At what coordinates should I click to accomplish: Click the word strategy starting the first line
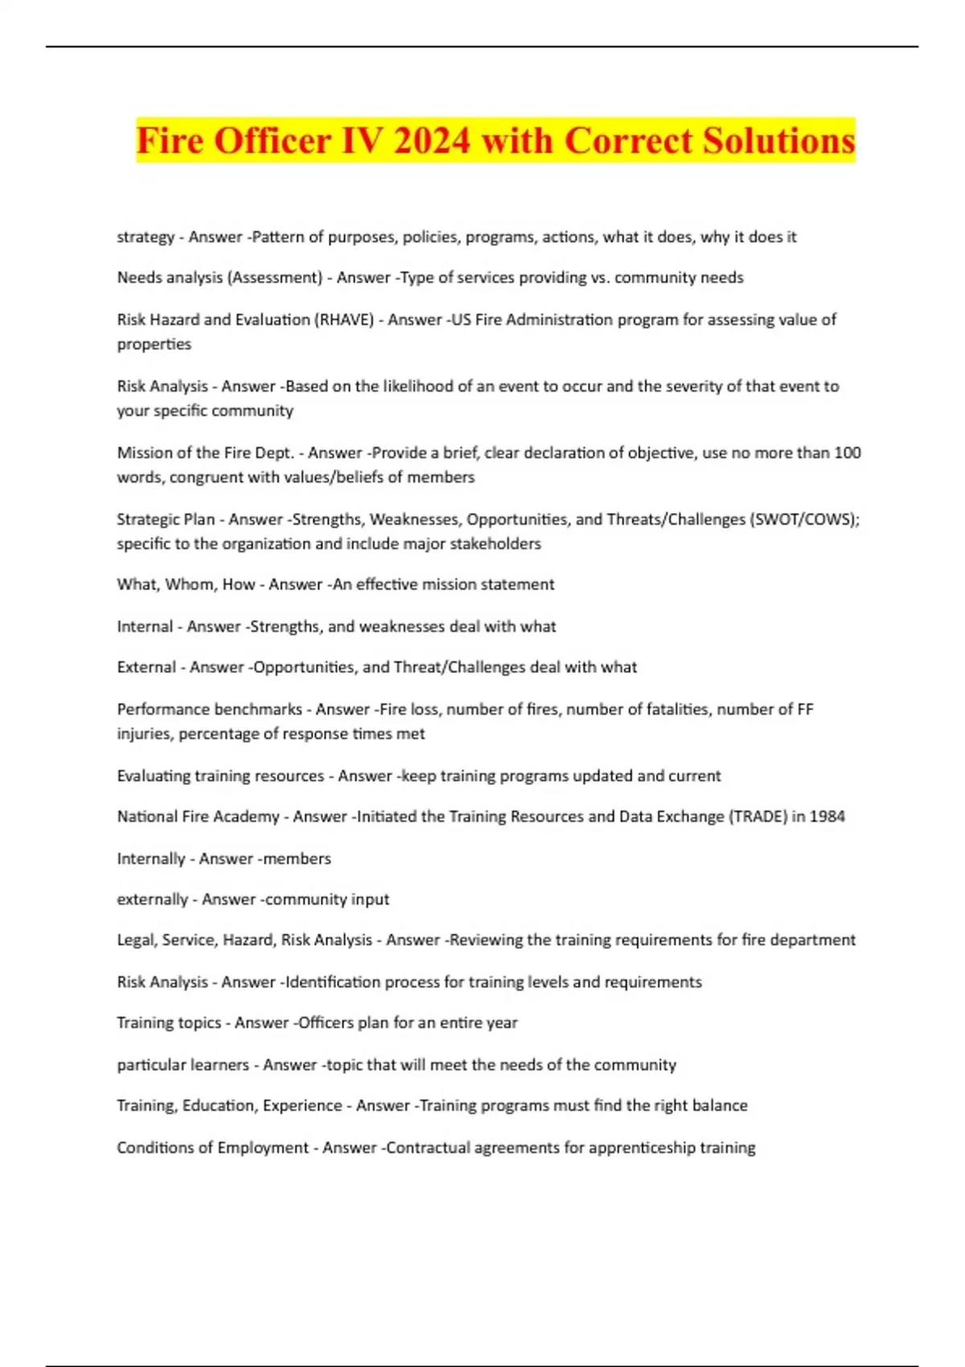point(146,237)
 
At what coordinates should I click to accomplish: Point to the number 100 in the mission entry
point(847,453)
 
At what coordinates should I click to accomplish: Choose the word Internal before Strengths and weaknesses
point(145,626)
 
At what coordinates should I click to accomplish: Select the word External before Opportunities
point(146,667)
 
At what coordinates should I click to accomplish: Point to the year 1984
point(827,817)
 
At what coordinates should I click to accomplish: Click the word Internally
point(151,859)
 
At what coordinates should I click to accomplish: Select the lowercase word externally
point(152,900)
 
